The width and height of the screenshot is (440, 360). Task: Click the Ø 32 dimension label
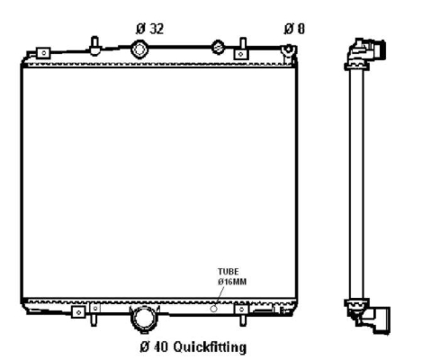click(149, 29)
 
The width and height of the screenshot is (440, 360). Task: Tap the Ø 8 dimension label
click(294, 29)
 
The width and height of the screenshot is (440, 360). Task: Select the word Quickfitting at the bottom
click(210, 347)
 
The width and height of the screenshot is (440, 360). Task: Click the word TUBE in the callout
click(229, 272)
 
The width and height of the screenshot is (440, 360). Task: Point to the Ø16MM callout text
click(232, 282)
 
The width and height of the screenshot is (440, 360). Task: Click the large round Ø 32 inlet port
click(139, 49)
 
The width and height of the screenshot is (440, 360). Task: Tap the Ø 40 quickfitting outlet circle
click(144, 319)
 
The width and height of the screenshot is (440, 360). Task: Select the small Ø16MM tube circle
click(213, 309)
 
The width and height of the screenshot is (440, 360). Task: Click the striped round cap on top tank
click(218, 47)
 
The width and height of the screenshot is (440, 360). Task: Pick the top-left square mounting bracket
click(43, 53)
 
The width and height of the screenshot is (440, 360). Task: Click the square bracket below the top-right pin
click(240, 54)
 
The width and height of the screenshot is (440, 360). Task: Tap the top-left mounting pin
click(94, 46)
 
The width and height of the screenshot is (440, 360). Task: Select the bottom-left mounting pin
click(94, 319)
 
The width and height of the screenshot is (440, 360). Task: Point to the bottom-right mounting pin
click(242, 319)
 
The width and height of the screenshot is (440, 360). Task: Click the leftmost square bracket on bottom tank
click(78, 312)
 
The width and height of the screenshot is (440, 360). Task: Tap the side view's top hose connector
click(365, 52)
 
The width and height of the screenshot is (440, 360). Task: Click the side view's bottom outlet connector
click(369, 317)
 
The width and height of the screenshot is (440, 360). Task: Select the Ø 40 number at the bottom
click(154, 347)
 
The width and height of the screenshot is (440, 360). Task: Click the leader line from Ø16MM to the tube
click(220, 296)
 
